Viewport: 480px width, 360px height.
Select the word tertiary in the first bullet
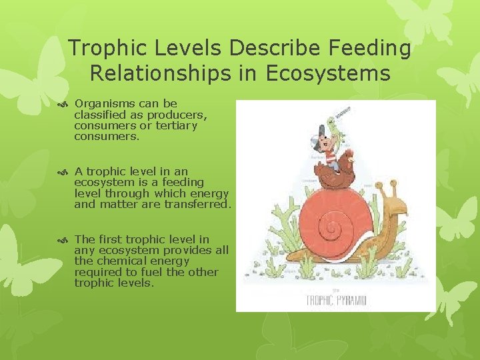[175, 125]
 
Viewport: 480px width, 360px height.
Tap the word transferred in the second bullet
[199, 205]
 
